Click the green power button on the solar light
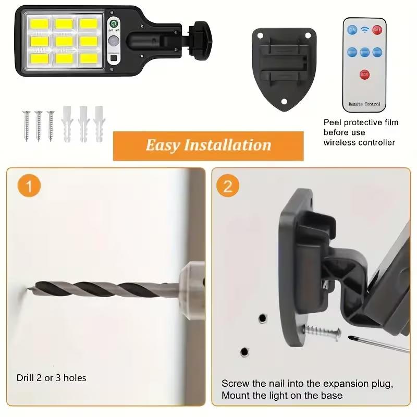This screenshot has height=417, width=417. point(113,24)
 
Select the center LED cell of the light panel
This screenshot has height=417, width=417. point(64,40)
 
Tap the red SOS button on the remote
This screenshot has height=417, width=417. point(364,73)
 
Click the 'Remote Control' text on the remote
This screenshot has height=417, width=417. point(364,104)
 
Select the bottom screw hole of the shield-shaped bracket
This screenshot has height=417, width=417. point(285,101)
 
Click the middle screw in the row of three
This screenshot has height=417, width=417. point(39,125)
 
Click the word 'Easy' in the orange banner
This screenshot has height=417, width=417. point(162,145)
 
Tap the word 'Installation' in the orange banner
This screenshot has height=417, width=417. point(227,145)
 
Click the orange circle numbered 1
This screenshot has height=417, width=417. point(29,186)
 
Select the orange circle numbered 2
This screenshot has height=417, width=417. point(228,186)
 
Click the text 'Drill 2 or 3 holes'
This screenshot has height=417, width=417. point(51,377)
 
